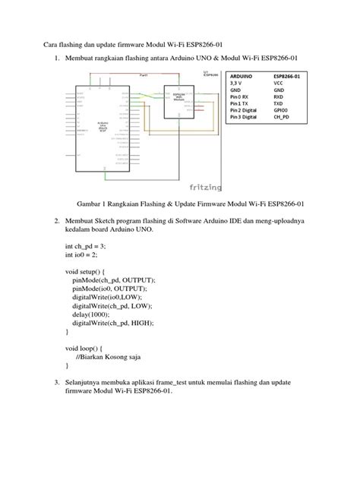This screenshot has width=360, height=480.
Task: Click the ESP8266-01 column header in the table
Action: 292,77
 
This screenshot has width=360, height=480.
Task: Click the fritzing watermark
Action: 205,185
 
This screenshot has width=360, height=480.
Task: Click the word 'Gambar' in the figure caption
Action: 92,204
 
